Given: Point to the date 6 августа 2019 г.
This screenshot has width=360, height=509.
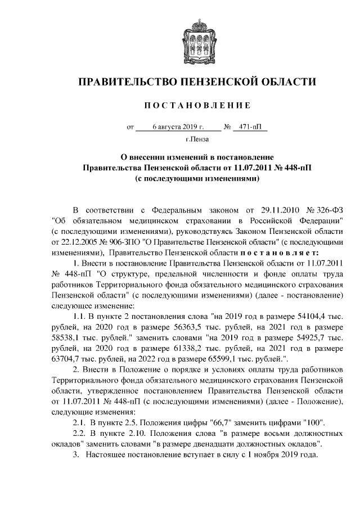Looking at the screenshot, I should point(178,127).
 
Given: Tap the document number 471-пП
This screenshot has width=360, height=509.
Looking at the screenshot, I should point(250,127).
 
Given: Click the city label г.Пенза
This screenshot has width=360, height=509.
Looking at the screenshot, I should point(196,139).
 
